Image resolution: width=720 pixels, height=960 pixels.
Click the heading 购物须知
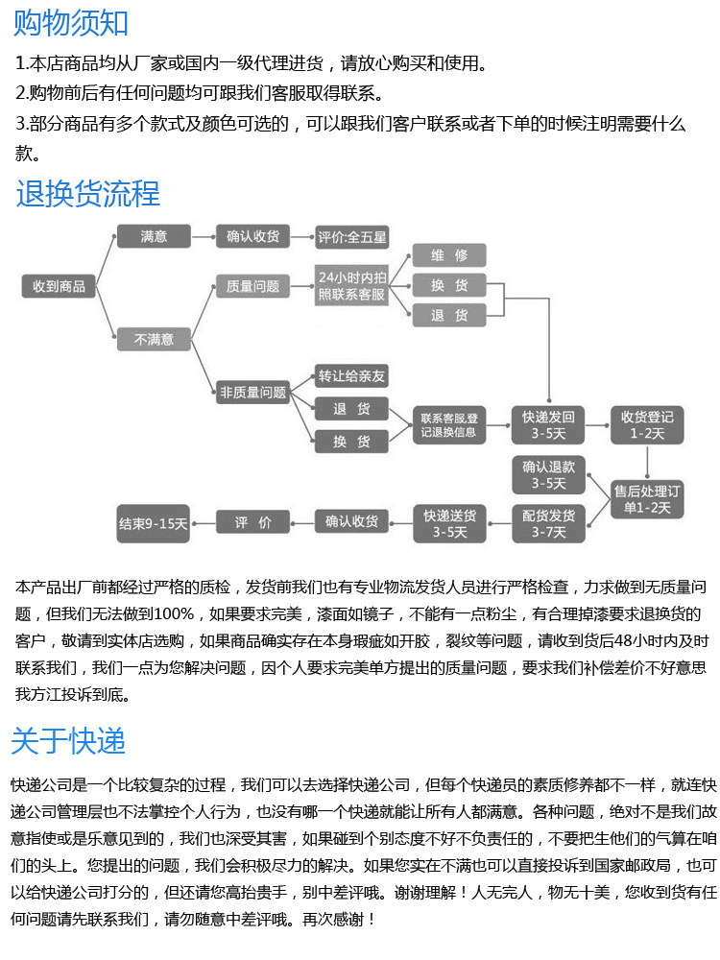point(72,23)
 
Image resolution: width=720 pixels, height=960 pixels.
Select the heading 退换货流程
point(87,194)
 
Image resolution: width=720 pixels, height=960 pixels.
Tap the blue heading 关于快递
point(68,740)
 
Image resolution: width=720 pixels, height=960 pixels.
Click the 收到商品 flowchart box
point(59,285)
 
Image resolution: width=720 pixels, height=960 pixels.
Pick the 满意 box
point(154,236)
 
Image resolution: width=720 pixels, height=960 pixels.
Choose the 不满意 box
point(154,339)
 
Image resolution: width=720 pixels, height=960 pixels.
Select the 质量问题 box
point(252,285)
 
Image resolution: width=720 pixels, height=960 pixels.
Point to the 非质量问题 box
point(252,392)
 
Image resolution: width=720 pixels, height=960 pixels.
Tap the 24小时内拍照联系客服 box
point(352,285)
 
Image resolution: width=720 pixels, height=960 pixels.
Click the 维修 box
point(449,255)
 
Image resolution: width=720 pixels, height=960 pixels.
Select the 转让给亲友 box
point(352,375)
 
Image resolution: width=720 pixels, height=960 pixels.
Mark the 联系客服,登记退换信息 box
point(449,424)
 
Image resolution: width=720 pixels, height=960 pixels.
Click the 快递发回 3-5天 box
point(548,424)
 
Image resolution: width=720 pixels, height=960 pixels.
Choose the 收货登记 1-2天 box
point(647,424)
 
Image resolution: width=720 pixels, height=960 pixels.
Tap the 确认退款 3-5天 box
point(548,474)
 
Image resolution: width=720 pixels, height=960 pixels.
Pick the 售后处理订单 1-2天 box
point(647,499)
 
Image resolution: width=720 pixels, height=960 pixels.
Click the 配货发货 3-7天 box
point(548,523)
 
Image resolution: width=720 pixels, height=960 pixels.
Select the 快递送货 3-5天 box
point(449,523)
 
